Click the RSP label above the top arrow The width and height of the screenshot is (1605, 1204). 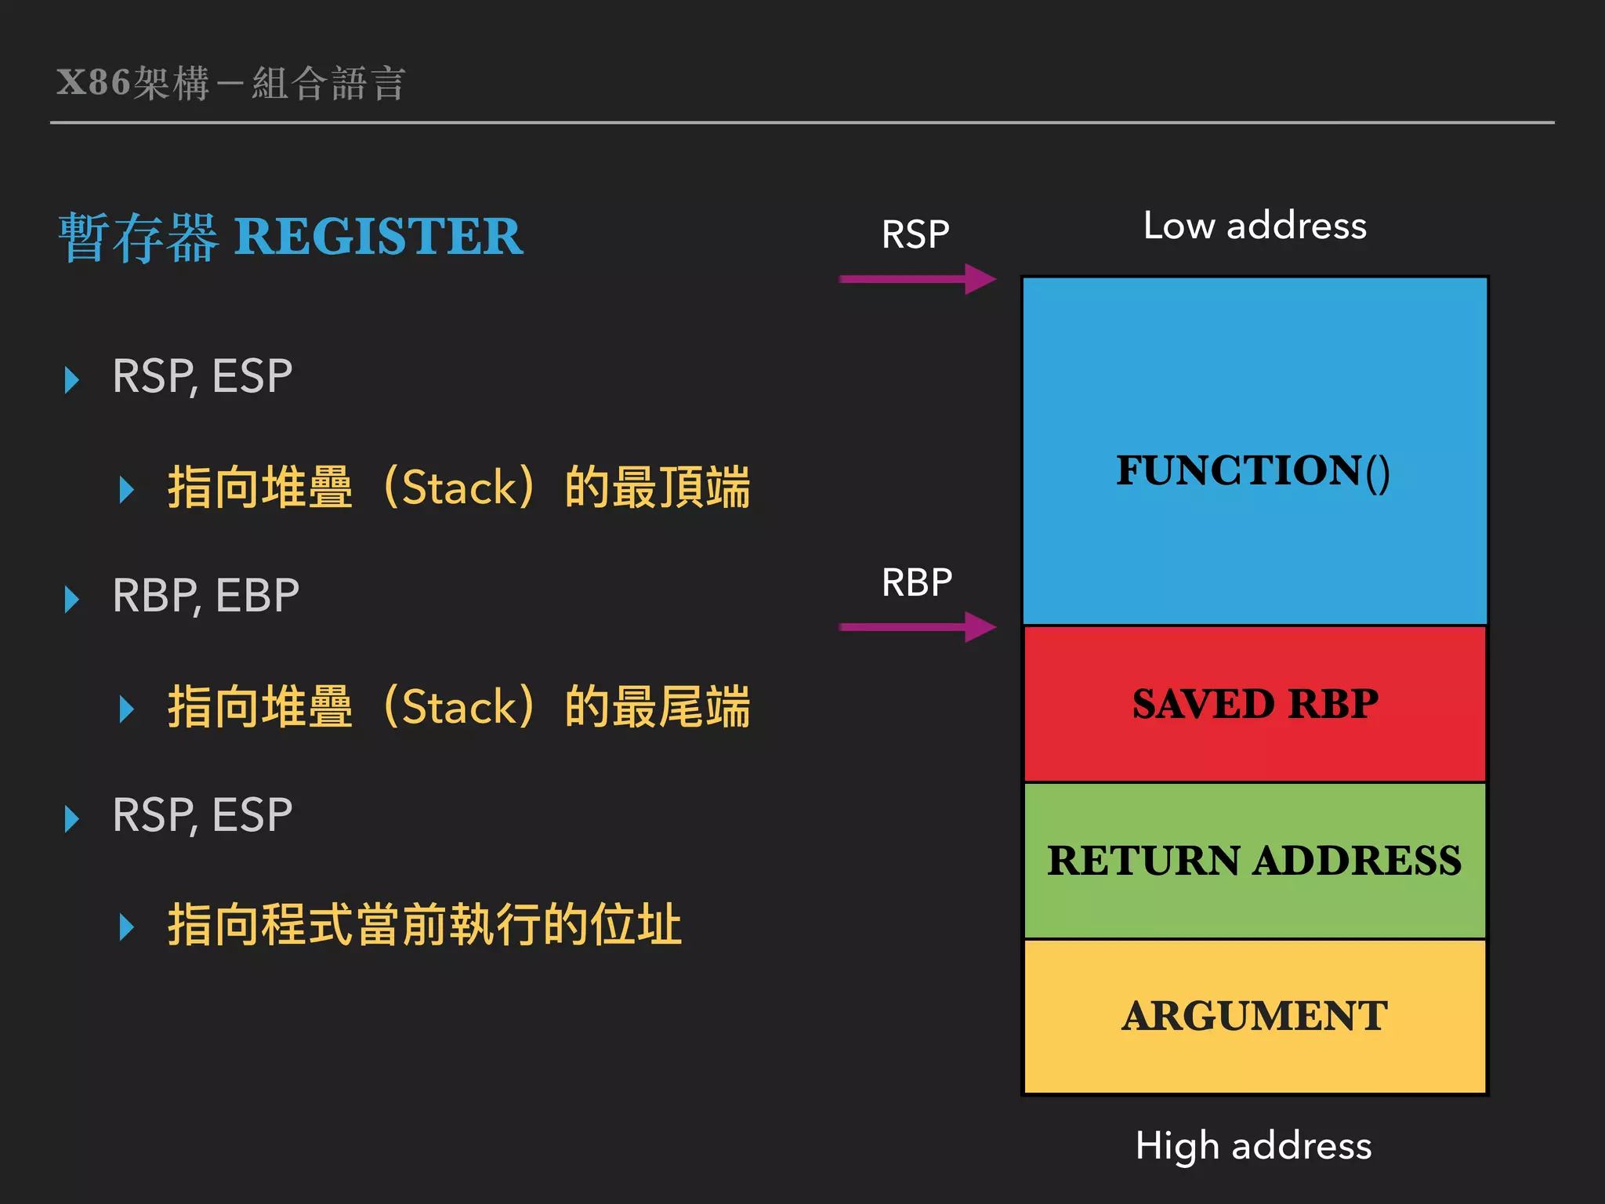[x=915, y=234]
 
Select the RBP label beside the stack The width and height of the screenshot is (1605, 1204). [x=917, y=582]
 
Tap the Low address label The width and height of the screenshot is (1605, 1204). [x=1255, y=226]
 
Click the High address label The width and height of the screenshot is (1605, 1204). [x=1254, y=1145]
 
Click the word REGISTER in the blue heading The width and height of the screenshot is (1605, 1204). [x=379, y=236]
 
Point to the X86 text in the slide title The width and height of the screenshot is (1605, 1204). [x=93, y=82]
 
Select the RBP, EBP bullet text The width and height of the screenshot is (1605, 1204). [x=205, y=595]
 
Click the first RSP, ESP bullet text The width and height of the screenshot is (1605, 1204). [x=202, y=375]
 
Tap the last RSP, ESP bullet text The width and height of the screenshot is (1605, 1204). [x=202, y=814]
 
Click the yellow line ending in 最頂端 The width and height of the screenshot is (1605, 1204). [x=458, y=487]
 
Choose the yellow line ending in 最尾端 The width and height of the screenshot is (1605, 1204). [x=458, y=706]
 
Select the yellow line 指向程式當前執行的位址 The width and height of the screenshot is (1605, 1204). [x=424, y=924]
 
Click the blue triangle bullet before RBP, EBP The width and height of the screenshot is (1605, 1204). [x=72, y=599]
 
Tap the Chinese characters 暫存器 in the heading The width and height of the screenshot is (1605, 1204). [x=138, y=237]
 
